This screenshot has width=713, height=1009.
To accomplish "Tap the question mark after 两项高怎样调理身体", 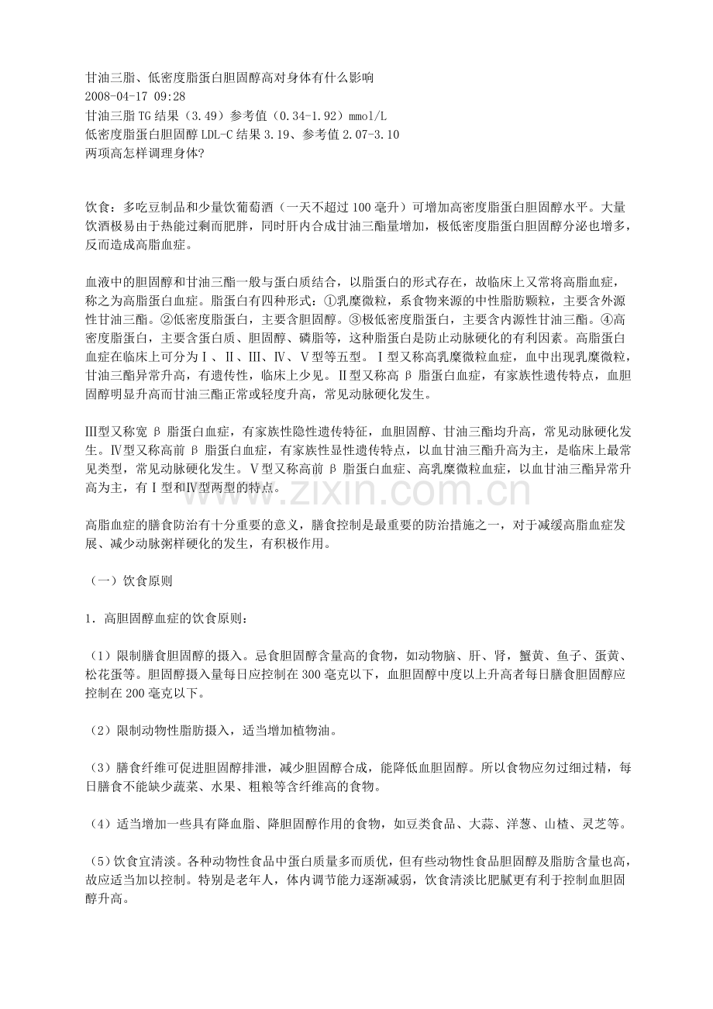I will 201,153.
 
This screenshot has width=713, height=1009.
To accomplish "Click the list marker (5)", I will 99,863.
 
